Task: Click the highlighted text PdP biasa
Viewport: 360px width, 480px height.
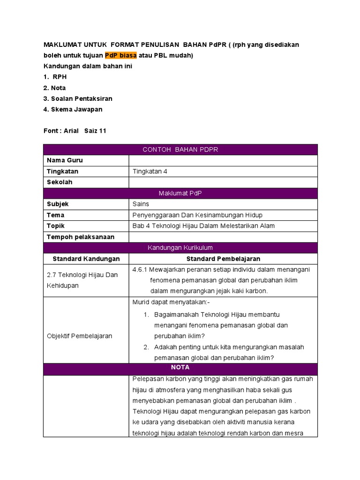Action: [x=120, y=55]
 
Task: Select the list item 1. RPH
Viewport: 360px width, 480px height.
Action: [x=55, y=77]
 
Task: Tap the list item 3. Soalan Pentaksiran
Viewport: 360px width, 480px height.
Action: [x=78, y=98]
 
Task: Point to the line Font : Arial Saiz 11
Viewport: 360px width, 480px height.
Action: [x=75, y=131]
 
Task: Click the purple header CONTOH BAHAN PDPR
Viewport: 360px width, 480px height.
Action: [x=180, y=150]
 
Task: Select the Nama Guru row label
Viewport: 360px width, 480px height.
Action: [x=65, y=160]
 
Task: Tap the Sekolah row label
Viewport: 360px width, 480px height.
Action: [x=60, y=182]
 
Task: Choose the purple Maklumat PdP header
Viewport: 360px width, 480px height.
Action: [x=180, y=193]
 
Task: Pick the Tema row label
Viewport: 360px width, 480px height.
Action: [x=56, y=215]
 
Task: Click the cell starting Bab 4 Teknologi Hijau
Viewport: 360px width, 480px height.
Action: [x=203, y=226]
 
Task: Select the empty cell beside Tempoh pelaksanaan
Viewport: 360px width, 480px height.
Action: [x=223, y=237]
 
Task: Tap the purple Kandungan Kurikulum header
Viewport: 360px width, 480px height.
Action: [x=180, y=247]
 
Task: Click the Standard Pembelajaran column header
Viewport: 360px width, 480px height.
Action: [x=223, y=259]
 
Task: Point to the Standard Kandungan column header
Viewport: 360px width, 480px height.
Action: [x=86, y=259]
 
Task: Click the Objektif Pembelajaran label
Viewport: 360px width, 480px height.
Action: [x=80, y=336]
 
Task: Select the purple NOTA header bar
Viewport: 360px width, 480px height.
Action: [x=180, y=368]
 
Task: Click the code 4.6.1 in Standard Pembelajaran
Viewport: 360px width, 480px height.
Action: [x=140, y=270]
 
